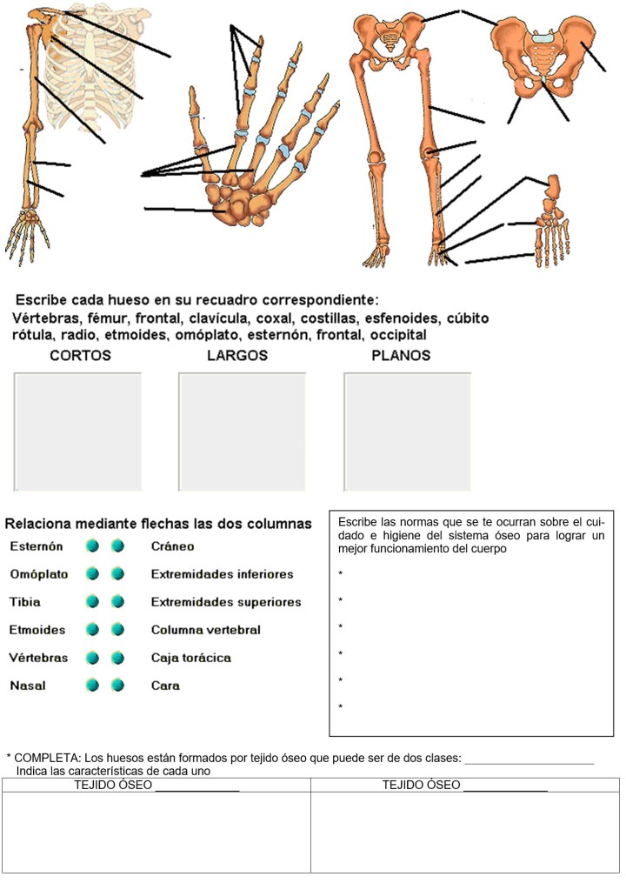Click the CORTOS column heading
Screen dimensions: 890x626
coord(80,356)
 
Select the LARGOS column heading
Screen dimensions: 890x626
coord(237,356)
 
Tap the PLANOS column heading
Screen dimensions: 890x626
coord(400,356)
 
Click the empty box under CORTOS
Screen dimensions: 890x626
coord(77,432)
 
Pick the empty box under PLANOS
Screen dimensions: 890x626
coord(407,432)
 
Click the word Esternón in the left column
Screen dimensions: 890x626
coord(37,546)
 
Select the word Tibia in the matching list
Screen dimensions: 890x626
coord(25,602)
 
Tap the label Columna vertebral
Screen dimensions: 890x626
coord(205,630)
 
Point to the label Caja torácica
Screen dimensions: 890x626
coord(191,658)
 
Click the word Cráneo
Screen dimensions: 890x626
coord(172,546)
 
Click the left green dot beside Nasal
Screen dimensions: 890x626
coord(93,686)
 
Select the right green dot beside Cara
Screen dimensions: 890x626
coord(117,686)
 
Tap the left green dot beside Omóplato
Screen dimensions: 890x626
coord(93,574)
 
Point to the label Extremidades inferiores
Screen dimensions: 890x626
coord(222,574)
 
